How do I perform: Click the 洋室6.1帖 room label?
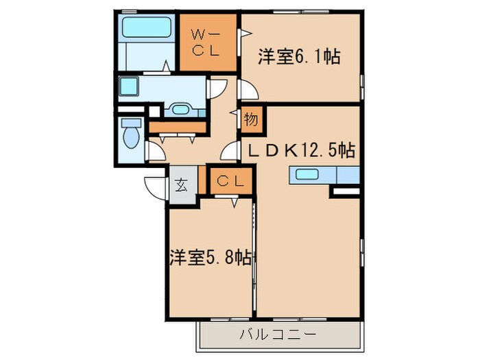(x=299, y=57)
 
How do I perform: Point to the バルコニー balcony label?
(x=277, y=335)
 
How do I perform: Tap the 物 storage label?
(x=250, y=120)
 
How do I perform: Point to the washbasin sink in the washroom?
(x=182, y=109)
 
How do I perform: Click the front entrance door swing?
(x=154, y=187)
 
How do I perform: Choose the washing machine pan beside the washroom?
(x=129, y=88)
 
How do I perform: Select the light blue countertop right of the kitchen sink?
(x=348, y=175)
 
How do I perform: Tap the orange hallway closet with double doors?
(x=177, y=128)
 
